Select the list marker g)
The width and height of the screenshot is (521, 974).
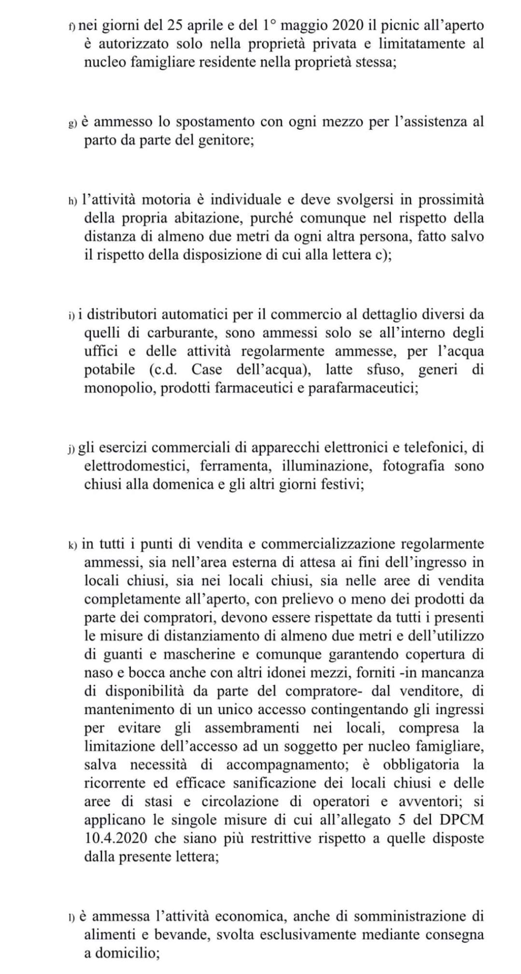point(72,124)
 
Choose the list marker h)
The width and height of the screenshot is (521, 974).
point(72,201)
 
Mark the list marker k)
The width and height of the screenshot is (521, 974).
point(72,545)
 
